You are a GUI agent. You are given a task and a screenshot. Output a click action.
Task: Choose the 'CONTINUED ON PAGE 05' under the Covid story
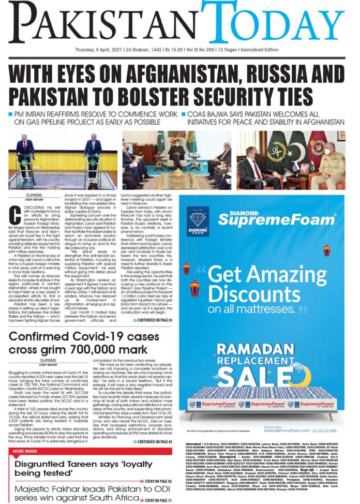(152, 441)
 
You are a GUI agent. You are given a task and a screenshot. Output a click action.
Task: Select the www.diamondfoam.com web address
(286, 430)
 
